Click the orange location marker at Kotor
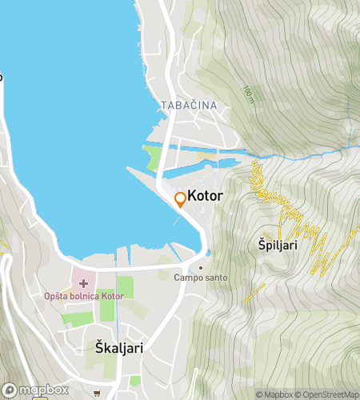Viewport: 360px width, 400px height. (x=181, y=200)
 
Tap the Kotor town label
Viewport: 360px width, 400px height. (x=205, y=197)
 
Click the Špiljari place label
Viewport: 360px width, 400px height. (x=278, y=246)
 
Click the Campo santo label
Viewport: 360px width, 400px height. (x=200, y=278)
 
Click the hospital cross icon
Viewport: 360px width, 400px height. (x=83, y=284)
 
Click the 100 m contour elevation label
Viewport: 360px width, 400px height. (x=249, y=95)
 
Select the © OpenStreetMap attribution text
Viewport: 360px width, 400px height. (x=328, y=394)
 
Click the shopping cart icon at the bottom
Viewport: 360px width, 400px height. (x=97, y=393)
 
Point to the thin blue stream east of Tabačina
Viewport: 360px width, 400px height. (x=304, y=155)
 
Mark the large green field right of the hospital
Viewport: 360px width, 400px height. (x=125, y=286)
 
